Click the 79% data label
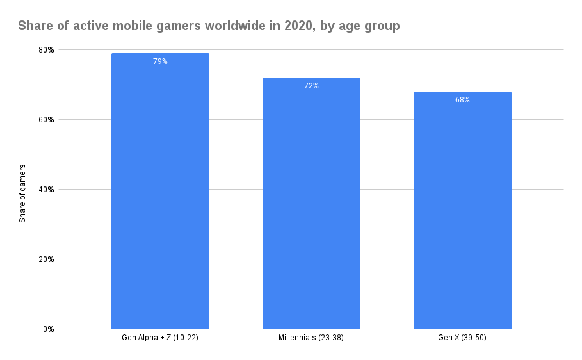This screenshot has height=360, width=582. [160, 61]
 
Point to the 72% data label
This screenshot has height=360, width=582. [311, 86]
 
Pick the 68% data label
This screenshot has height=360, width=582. [462, 100]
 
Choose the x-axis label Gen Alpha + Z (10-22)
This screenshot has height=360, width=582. [160, 338]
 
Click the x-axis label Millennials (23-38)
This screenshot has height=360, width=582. [311, 338]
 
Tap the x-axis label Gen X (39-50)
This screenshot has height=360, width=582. [462, 338]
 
